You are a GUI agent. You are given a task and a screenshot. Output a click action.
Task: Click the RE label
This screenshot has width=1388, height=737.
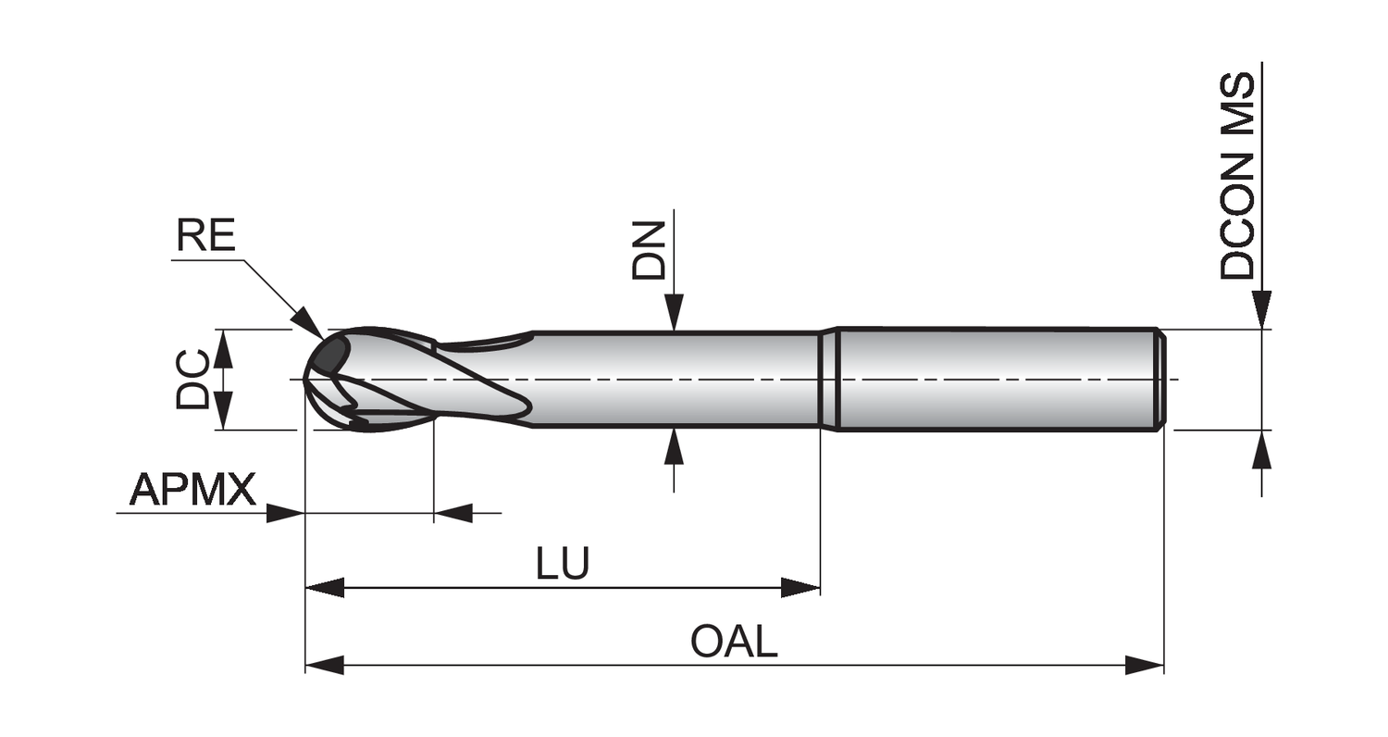206,236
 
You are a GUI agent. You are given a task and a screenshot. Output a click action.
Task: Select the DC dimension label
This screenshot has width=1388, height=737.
193,379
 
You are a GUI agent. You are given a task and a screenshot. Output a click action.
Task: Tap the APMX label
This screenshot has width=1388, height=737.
192,489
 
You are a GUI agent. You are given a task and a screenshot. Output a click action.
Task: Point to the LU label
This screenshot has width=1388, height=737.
563,564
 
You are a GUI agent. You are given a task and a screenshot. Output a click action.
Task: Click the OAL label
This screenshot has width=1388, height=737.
734,642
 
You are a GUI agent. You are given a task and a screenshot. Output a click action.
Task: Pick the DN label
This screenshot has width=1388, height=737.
649,250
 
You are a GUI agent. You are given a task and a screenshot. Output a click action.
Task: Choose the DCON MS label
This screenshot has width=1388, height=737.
1237,176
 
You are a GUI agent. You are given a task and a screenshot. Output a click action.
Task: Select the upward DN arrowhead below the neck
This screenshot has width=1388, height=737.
674,446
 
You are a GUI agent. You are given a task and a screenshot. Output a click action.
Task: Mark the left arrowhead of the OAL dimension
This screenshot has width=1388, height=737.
324,665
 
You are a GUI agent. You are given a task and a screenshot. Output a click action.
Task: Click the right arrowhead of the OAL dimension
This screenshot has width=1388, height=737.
1145,665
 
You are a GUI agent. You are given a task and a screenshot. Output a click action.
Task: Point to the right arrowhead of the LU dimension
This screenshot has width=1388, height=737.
800,587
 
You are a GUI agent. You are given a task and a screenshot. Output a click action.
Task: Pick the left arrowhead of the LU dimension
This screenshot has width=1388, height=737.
324,587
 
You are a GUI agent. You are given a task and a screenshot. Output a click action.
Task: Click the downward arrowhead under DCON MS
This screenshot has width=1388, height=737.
1261,309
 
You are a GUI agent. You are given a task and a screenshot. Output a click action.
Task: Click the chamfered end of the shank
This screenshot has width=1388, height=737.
1160,379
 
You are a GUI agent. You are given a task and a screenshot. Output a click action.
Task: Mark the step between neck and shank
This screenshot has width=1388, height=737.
828,379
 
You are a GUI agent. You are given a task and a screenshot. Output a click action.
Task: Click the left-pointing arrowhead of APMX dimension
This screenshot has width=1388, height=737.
453,513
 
